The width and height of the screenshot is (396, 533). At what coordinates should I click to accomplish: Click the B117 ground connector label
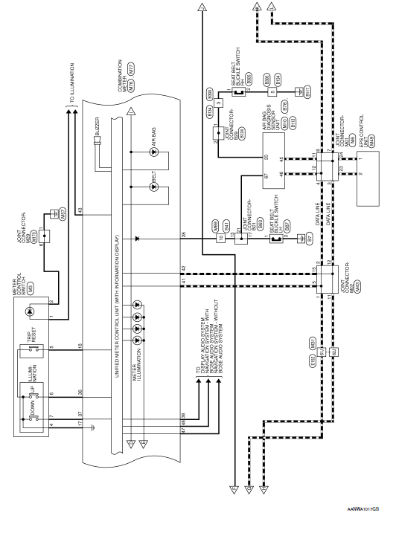tap(307, 91)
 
